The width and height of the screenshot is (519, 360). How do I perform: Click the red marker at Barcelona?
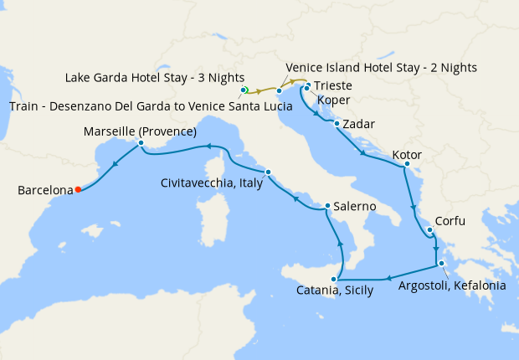coord(78,189)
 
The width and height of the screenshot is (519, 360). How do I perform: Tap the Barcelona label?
coord(44,191)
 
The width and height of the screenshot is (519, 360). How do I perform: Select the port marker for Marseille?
coord(141,143)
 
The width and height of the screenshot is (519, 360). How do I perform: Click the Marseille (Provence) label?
coord(140,131)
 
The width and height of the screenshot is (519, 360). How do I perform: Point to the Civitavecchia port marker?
coord(268,172)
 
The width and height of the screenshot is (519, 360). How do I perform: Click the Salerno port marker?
coord(326,206)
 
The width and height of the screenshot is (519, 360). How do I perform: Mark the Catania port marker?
coord(337,279)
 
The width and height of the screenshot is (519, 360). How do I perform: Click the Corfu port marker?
coord(429,230)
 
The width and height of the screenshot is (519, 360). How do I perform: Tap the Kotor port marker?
coord(406,165)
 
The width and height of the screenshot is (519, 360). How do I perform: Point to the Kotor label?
coord(406,155)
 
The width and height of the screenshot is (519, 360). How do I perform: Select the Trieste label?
coord(332,86)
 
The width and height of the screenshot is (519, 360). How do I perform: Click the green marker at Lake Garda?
coord(244,89)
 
